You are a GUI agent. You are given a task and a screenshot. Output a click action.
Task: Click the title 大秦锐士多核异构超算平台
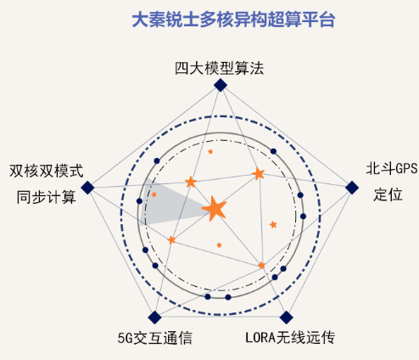(x=233, y=20)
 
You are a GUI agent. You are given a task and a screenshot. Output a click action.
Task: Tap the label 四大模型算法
(x=220, y=68)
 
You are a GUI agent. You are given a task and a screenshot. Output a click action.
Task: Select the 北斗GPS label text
(x=392, y=169)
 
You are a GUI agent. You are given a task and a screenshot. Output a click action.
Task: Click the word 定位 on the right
(x=388, y=194)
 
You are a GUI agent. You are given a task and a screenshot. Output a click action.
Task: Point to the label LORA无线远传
(x=290, y=337)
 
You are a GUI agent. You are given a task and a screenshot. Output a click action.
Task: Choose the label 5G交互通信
(x=155, y=338)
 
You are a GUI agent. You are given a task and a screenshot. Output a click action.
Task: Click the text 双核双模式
(x=47, y=171)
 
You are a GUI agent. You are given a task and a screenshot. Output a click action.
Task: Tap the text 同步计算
(x=47, y=197)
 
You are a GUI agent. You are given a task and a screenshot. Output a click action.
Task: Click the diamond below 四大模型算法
(x=221, y=85)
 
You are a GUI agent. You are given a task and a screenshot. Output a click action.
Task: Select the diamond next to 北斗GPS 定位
(x=352, y=188)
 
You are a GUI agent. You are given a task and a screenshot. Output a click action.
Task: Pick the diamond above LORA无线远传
(x=286, y=318)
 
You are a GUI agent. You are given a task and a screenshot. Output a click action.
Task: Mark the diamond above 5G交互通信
(x=154, y=318)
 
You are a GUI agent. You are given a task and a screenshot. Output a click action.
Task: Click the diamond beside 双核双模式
(x=87, y=188)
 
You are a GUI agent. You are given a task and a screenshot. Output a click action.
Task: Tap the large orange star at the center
(x=215, y=209)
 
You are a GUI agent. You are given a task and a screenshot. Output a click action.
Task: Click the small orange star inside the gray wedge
(x=154, y=194)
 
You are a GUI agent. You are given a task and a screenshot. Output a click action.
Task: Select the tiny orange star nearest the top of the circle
(x=210, y=152)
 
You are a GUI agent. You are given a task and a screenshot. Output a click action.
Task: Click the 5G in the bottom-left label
(x=125, y=338)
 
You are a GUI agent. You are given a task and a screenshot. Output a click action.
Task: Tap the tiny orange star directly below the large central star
(x=219, y=245)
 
